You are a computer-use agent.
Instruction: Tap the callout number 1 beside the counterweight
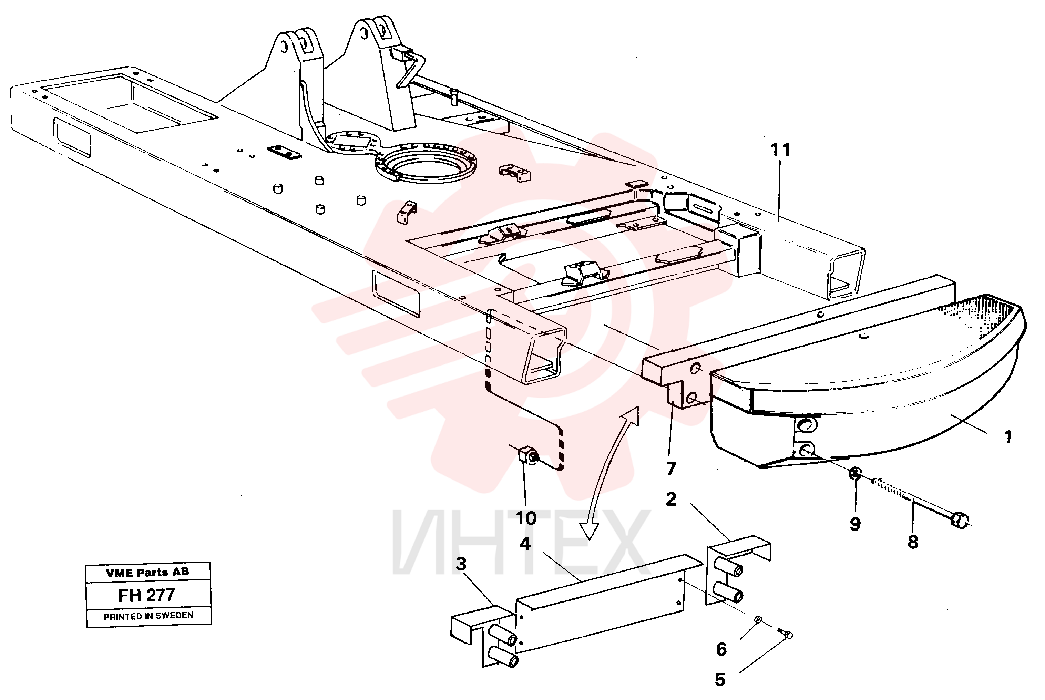[1007, 436]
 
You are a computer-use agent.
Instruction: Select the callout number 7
[671, 469]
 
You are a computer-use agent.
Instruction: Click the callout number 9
[855, 524]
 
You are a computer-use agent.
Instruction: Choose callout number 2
[671, 500]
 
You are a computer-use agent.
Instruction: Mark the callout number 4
[525, 544]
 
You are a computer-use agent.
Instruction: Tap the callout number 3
[461, 564]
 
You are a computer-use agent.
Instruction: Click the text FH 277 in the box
[146, 595]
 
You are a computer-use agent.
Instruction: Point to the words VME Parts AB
[147, 572]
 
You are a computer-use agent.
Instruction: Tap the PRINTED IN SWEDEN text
[148, 616]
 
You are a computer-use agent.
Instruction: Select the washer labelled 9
[855, 473]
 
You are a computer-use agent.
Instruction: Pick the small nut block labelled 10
[529, 455]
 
